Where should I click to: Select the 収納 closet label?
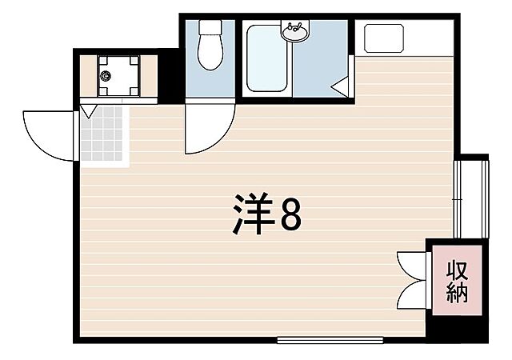point(458,281)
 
